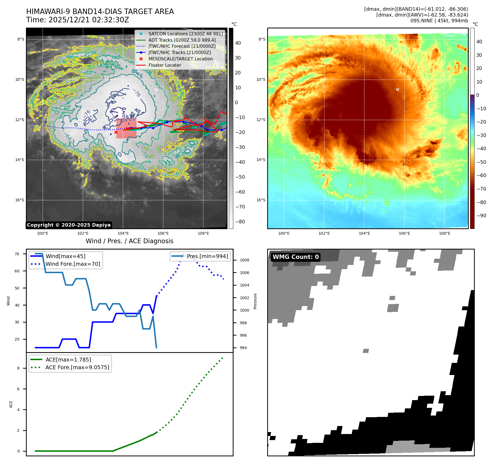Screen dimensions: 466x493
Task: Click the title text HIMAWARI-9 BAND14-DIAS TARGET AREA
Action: click(x=100, y=12)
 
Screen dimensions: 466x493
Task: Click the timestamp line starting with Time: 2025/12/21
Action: click(x=77, y=20)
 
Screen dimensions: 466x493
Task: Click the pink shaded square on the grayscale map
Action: click(x=126, y=128)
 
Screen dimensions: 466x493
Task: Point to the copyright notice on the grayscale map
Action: click(x=69, y=225)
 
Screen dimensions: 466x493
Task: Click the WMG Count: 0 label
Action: click(x=296, y=257)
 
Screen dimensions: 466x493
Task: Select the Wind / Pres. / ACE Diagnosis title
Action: click(x=129, y=241)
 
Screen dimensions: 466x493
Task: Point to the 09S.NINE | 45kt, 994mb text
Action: click(x=439, y=21)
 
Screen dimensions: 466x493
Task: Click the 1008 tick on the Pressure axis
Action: click(x=244, y=260)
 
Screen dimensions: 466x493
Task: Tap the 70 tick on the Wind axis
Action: click(x=17, y=254)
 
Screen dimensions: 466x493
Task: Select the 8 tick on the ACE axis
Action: click(x=18, y=368)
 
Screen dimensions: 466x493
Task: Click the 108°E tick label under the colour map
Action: click(x=444, y=233)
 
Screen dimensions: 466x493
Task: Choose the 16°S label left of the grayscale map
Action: click(x=20, y=200)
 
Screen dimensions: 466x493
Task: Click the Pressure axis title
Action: click(x=255, y=301)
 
